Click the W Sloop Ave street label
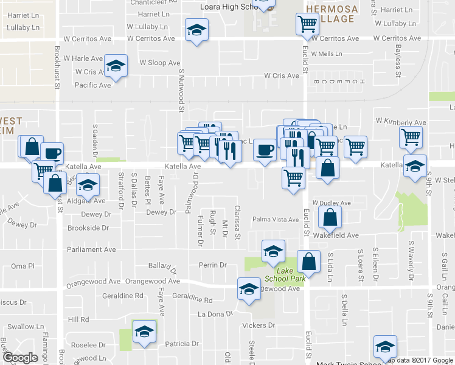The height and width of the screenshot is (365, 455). (160, 63)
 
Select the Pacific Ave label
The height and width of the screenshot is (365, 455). (92, 85)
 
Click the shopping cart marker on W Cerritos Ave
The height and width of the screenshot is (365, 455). (307, 25)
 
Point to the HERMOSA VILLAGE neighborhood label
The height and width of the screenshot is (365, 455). (330, 14)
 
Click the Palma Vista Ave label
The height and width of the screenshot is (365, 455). (276, 220)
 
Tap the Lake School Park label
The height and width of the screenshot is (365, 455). (289, 274)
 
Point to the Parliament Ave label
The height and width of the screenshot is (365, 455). (92, 249)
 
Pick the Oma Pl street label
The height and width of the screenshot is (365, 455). (23, 266)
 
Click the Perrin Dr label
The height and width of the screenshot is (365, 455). (212, 265)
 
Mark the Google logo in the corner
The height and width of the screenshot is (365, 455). (21, 358)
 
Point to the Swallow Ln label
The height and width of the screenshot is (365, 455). (21, 327)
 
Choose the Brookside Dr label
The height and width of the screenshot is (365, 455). (89, 228)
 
